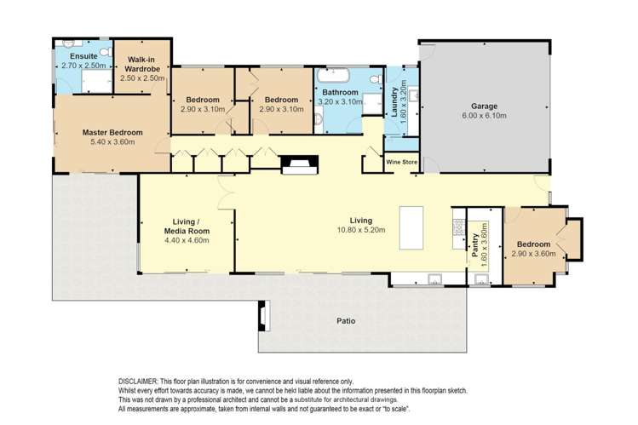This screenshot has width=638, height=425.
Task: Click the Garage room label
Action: (x=484, y=106)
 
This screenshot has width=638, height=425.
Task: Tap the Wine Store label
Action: (x=401, y=162)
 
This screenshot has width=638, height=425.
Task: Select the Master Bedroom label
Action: (x=112, y=133)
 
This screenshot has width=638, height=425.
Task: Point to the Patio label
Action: (x=347, y=321)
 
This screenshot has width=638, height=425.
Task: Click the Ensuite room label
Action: (x=83, y=56)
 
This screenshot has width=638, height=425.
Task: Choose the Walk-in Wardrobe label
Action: (x=142, y=64)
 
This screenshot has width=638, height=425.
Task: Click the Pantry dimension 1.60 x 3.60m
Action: (x=484, y=244)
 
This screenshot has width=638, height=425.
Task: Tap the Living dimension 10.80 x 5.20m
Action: (x=361, y=230)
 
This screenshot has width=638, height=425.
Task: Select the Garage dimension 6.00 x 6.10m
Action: (x=484, y=116)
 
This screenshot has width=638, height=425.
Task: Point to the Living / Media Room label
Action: (x=187, y=227)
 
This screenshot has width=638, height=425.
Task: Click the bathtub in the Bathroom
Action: (x=334, y=76)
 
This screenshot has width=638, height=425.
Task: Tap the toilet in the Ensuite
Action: (x=106, y=52)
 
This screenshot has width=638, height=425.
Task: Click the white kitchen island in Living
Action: (x=411, y=227)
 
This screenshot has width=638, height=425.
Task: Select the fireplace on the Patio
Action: (x=264, y=315)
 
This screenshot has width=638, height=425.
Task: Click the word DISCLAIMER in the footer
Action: (x=137, y=382)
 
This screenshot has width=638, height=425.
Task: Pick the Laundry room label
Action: (x=394, y=102)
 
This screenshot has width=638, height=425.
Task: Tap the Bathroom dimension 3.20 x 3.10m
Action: (x=340, y=101)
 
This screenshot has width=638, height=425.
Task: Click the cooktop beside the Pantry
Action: (x=459, y=227)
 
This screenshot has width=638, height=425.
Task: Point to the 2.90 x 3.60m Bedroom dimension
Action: (x=533, y=254)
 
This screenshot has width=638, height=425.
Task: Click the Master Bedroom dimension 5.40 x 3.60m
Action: (x=112, y=142)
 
